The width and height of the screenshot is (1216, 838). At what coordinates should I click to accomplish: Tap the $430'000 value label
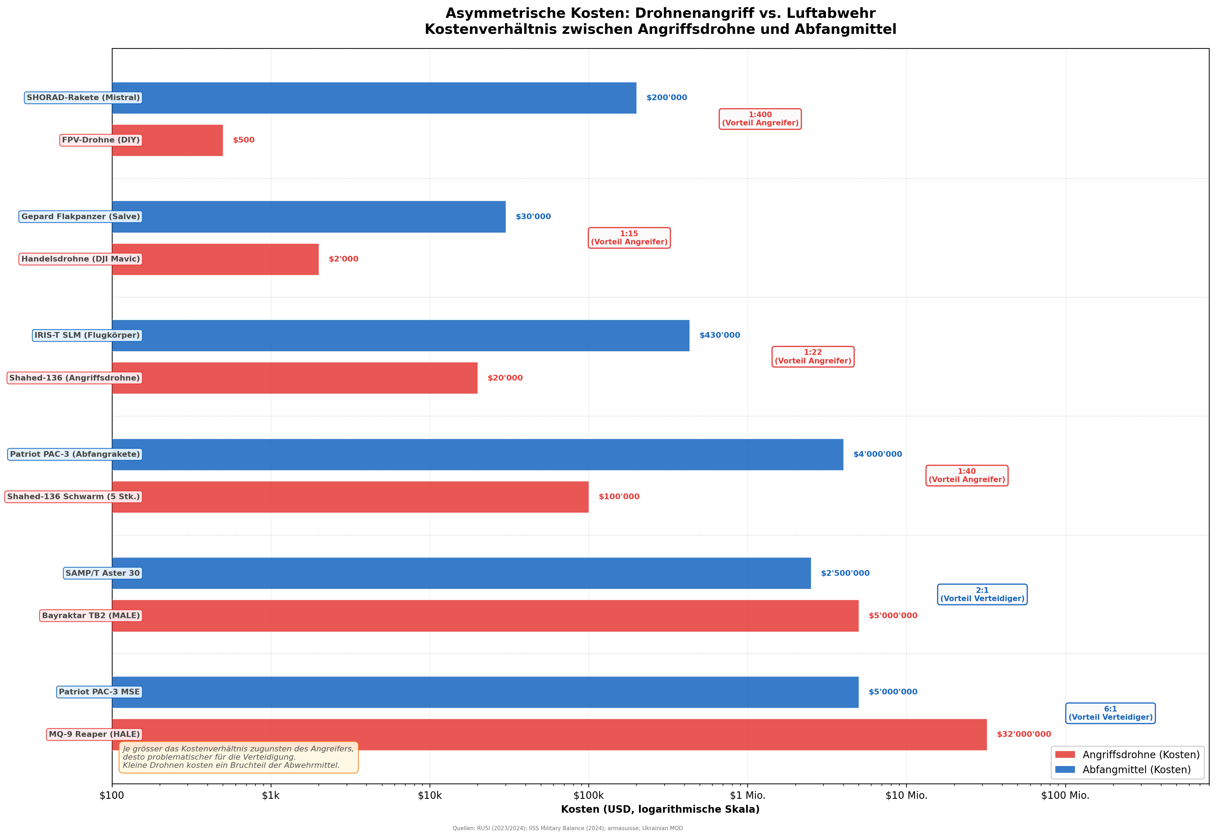(x=719, y=336)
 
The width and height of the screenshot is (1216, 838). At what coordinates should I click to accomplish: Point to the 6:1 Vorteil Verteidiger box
(x=1110, y=713)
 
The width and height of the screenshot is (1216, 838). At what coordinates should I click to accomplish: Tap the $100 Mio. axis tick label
(x=1065, y=796)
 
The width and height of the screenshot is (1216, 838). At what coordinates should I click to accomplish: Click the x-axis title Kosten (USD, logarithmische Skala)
(x=660, y=809)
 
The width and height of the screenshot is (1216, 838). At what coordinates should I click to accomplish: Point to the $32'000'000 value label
(x=1023, y=735)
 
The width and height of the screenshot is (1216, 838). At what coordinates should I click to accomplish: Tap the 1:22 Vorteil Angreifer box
(x=812, y=357)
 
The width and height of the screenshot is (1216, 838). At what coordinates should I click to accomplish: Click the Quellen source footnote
(x=567, y=828)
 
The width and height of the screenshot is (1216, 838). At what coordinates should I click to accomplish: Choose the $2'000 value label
(x=343, y=259)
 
